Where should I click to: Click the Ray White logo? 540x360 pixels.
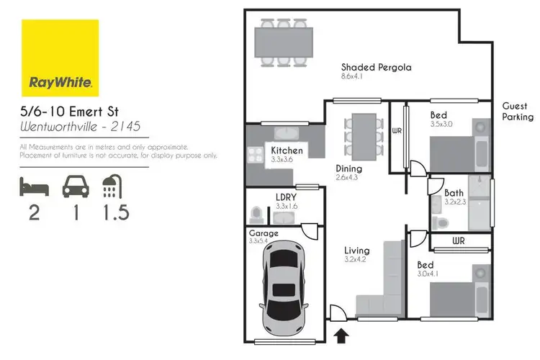click(60, 58)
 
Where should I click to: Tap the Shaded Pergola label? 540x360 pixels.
click(376, 68)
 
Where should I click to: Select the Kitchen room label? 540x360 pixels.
click(287, 150)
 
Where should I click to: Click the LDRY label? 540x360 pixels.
click(287, 197)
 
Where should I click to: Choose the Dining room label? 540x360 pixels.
click(348, 169)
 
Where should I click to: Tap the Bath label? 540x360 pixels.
click(454, 193)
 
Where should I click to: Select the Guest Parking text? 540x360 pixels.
click(518, 111)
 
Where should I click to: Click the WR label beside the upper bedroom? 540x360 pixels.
click(397, 131)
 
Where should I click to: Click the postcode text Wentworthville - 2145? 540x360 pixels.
click(79, 127)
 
